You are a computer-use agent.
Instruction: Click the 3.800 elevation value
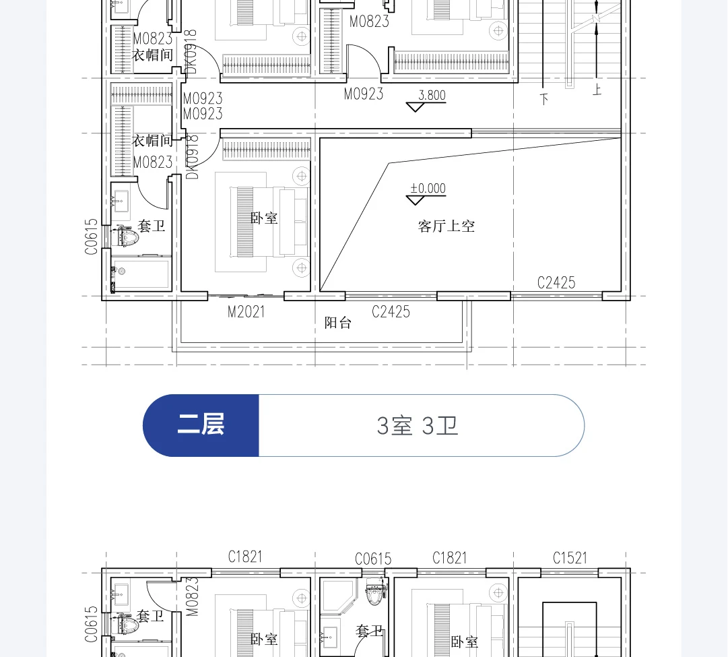click(x=432, y=95)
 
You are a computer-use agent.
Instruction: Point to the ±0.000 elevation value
click(x=428, y=188)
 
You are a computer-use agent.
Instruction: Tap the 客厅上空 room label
click(x=446, y=226)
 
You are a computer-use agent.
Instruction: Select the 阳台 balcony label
click(x=337, y=323)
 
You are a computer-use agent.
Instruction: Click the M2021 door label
click(x=246, y=312)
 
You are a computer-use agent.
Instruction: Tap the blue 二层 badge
click(x=201, y=425)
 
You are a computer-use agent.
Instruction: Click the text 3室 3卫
click(x=418, y=426)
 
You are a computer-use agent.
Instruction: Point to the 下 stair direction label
click(x=544, y=99)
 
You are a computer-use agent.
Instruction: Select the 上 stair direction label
click(x=597, y=89)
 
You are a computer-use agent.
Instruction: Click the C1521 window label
click(x=570, y=557)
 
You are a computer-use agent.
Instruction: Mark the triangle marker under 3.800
click(x=415, y=107)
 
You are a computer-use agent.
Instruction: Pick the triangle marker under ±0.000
click(x=415, y=200)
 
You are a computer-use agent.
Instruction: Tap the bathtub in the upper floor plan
click(x=141, y=274)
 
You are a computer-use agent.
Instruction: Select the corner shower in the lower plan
click(x=339, y=596)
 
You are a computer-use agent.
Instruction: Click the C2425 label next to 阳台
click(x=391, y=312)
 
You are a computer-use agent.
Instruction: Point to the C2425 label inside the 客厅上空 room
click(x=556, y=282)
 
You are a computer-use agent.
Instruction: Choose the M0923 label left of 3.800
click(x=364, y=94)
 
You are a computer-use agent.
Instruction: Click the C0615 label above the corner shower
click(x=373, y=559)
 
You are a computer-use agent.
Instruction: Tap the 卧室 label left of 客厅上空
click(x=264, y=218)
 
